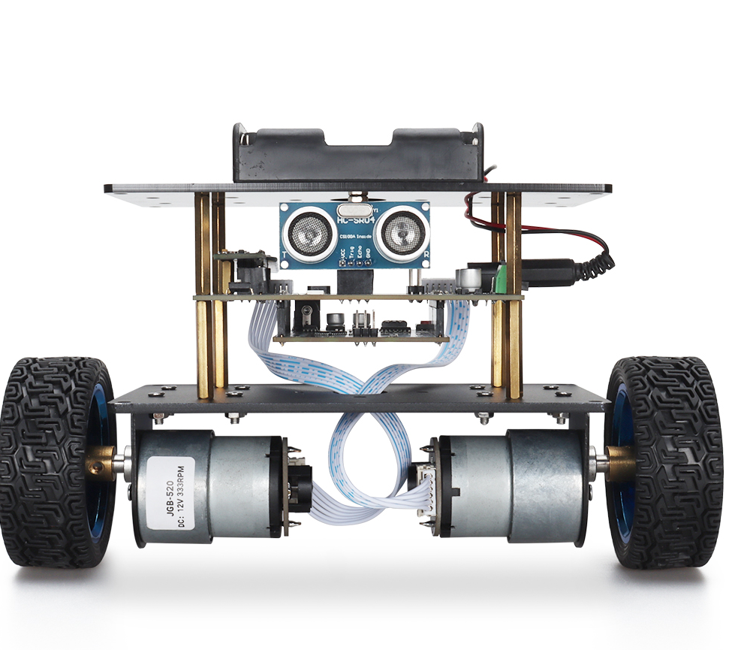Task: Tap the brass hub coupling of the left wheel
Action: [104, 461]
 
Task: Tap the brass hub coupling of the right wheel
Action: [620, 461]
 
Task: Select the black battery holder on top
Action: [356, 154]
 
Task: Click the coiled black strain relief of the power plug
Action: [596, 265]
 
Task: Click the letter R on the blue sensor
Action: [426, 256]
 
